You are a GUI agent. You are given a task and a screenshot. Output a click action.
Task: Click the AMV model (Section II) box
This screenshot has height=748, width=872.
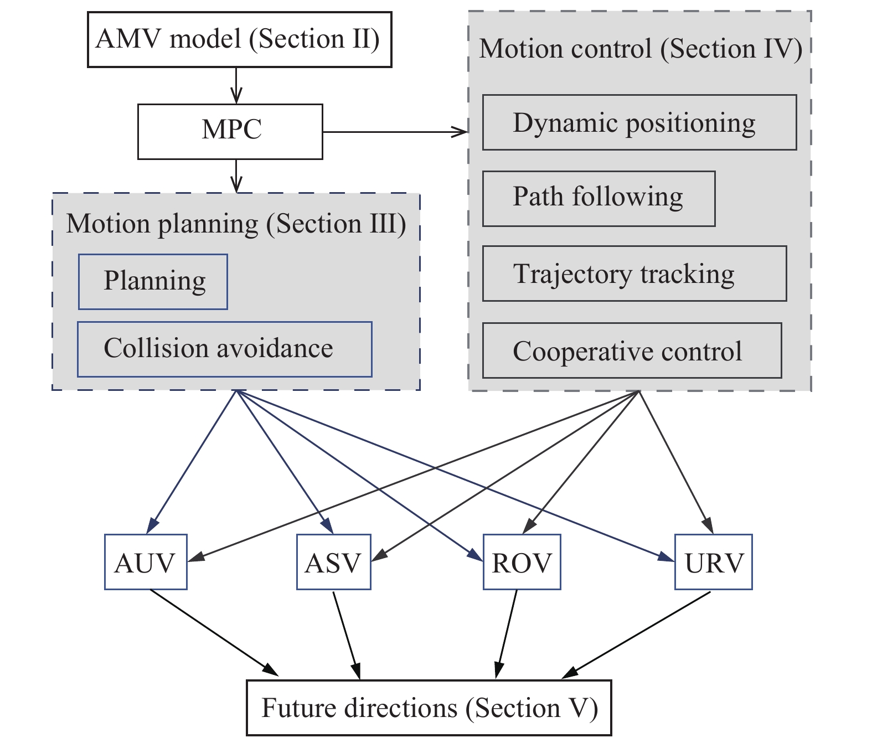click(x=239, y=40)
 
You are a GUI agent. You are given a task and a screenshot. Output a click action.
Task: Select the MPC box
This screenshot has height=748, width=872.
click(x=230, y=131)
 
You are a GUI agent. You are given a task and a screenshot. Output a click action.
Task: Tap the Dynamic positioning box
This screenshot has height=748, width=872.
click(x=639, y=122)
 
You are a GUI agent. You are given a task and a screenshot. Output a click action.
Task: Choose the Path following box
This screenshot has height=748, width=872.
click(x=598, y=198)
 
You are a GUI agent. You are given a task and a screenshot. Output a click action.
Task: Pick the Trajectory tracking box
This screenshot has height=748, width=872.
click(x=634, y=274)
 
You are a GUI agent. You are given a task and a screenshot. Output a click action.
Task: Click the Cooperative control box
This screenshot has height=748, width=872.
click(x=632, y=350)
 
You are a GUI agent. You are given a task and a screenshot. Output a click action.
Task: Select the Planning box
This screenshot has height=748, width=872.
click(x=153, y=281)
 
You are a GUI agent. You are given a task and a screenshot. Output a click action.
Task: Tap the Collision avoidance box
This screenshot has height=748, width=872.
click(x=224, y=349)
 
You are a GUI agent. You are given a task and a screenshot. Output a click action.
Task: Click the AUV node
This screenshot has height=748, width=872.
click(x=146, y=562)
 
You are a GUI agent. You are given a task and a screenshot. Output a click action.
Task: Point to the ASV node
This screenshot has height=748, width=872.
click(x=333, y=562)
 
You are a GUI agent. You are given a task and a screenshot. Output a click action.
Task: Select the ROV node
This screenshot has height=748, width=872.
click(x=522, y=562)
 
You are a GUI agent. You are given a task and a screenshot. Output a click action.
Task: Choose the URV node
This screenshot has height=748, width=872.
click(x=713, y=562)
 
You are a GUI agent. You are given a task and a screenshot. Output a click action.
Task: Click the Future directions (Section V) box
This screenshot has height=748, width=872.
click(x=429, y=708)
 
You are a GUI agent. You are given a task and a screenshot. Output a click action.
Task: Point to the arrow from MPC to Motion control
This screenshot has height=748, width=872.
click(x=395, y=132)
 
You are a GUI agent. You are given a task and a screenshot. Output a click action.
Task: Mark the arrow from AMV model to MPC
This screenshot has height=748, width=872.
click(x=236, y=86)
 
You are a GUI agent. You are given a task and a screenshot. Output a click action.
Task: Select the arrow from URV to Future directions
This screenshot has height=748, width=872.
click(x=637, y=635)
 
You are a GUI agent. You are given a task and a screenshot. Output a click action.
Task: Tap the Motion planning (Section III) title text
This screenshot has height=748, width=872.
click(x=236, y=224)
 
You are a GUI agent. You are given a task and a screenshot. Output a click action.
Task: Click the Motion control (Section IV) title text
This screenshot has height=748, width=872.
click(x=640, y=49)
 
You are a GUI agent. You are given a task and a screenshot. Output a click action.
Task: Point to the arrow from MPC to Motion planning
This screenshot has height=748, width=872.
click(x=236, y=176)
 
